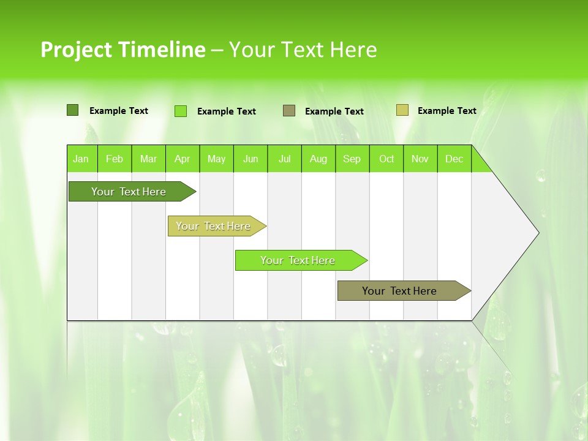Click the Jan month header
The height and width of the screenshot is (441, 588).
pos(81,159)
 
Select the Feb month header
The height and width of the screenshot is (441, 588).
pos(115,159)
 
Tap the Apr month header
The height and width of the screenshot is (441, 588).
pos(183,159)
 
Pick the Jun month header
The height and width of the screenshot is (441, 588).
pos(251,159)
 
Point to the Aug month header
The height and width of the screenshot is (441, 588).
pos(318,159)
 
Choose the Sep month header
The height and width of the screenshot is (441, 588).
pos(352,159)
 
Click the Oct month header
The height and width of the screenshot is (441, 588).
pos(386,159)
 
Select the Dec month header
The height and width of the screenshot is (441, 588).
pos(454,159)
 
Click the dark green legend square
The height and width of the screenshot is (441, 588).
pos(73,110)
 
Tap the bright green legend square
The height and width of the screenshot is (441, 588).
pos(181,111)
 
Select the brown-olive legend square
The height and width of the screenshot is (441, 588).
pos(289,111)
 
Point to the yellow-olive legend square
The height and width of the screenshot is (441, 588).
pos(402,110)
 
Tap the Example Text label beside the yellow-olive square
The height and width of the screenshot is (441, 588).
pos(447,111)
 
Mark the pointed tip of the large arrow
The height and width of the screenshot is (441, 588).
pos(538,233)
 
